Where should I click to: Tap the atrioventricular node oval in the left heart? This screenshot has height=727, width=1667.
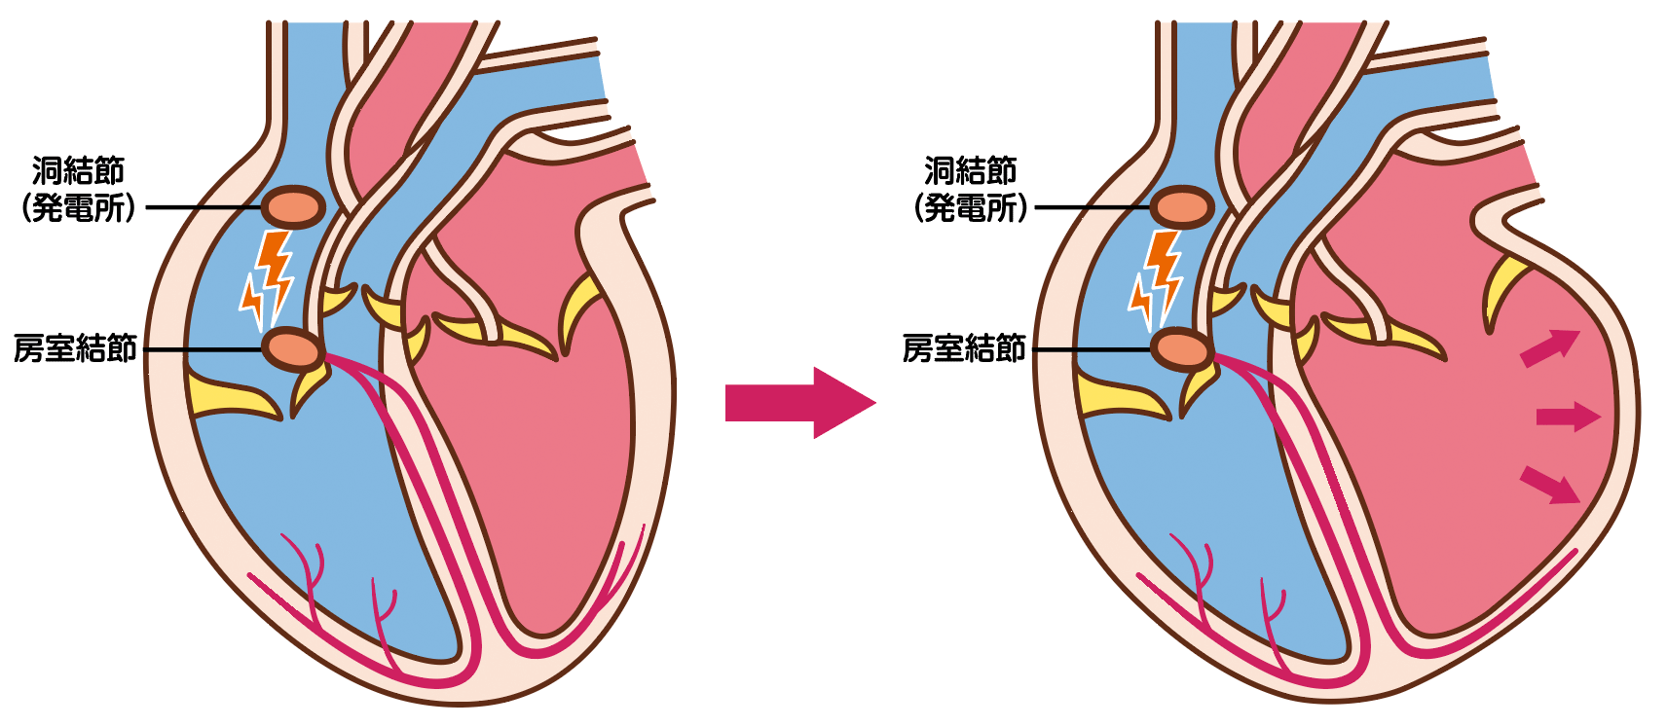tap(293, 349)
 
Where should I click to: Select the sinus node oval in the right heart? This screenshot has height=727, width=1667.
tap(1182, 207)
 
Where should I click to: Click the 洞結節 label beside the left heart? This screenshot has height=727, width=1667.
tap(78, 171)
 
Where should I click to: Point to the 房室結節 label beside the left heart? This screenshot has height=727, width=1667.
tap(75, 348)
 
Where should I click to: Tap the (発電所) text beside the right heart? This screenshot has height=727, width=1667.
tap(971, 209)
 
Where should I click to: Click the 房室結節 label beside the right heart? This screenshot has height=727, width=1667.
tap(965, 348)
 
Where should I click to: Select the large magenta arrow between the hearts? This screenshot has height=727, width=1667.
tap(800, 403)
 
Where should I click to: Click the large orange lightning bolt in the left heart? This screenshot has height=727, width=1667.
tap(276, 273)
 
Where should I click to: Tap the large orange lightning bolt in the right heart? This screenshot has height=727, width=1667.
tap(1164, 273)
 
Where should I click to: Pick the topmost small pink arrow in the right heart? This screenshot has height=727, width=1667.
tap(1549, 347)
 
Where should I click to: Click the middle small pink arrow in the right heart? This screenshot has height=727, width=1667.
tap(1568, 416)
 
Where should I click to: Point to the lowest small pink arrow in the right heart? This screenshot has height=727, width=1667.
tap(1549, 485)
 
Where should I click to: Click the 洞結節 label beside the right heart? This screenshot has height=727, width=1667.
tap(971, 171)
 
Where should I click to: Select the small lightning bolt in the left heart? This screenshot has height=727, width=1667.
tap(251, 301)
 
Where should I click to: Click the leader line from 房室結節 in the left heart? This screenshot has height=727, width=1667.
tap(202, 349)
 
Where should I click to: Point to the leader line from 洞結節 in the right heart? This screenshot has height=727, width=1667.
tap(1093, 207)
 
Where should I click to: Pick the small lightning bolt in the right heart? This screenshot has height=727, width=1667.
tap(1139, 301)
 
